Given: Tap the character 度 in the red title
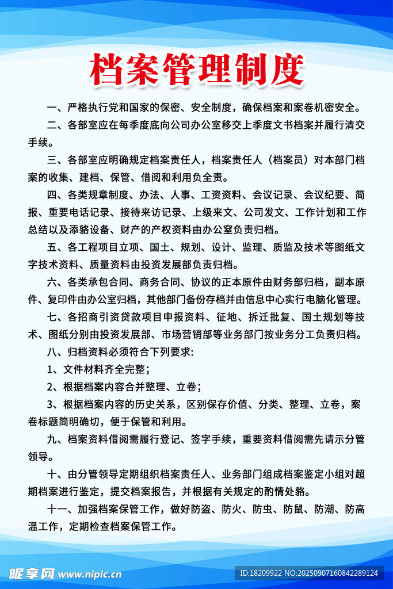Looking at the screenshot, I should [285, 70].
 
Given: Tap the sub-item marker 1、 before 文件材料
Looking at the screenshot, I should [54, 369].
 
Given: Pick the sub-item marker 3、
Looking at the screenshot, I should [54, 404].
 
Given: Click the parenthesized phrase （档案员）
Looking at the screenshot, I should [290, 159].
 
